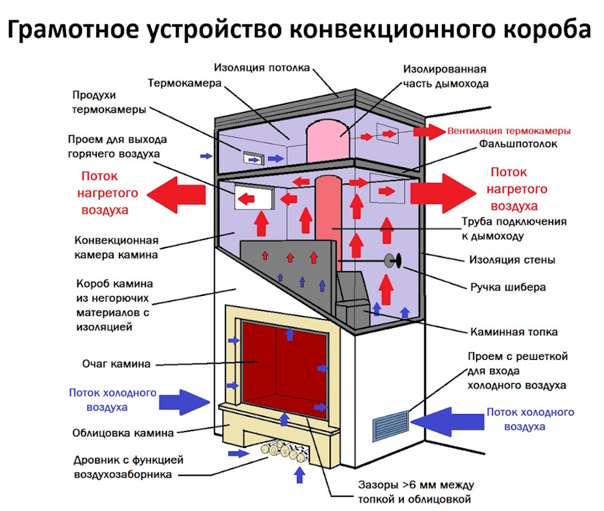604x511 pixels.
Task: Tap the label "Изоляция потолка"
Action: (262, 68)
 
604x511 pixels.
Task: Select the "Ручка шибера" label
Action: (508, 287)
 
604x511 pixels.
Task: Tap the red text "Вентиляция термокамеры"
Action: (509, 131)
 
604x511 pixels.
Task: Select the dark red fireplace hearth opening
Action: (284, 363)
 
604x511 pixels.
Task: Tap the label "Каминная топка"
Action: (514, 332)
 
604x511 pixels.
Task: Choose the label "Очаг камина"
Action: (116, 363)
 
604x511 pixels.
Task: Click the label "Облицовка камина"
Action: (123, 433)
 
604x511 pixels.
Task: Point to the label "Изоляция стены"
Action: (512, 260)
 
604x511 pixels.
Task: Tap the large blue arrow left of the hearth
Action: (184, 402)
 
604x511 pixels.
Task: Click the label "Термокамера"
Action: (184, 83)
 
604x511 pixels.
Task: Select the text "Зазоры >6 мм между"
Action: (416, 485)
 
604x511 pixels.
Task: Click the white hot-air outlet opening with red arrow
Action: (254, 198)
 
